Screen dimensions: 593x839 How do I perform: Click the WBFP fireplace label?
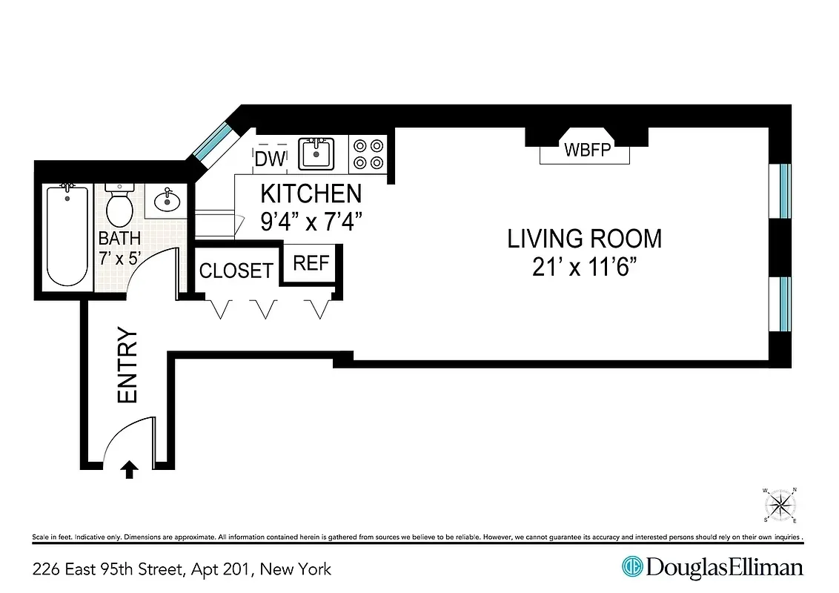(x=585, y=150)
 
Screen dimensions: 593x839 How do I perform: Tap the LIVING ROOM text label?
(x=584, y=239)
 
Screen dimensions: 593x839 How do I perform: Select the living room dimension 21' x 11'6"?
(x=584, y=267)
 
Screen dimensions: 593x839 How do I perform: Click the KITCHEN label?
(x=311, y=194)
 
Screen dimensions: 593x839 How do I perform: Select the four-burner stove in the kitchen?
(x=368, y=154)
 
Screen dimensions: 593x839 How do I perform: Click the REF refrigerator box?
(x=311, y=264)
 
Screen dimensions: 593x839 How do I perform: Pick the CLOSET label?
(x=236, y=271)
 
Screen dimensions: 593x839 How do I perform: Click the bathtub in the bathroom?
(x=67, y=236)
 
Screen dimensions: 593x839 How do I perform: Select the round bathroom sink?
(x=167, y=199)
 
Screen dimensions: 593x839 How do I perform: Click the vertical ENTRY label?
(x=128, y=366)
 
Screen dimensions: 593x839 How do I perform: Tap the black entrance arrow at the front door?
(x=130, y=469)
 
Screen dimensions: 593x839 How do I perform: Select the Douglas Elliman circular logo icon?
(x=631, y=568)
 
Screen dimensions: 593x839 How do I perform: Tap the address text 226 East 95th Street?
(x=107, y=569)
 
